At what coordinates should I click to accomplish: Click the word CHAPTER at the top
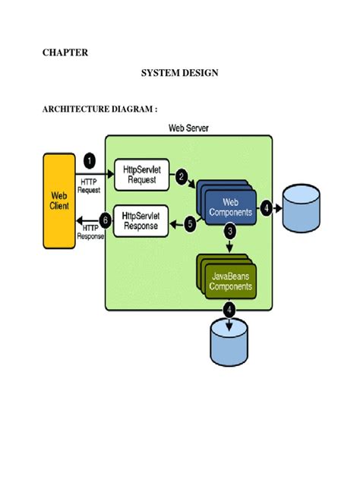tap(64, 52)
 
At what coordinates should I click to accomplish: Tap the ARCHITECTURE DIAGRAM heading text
tap(99, 109)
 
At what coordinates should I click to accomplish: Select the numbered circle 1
tap(90, 162)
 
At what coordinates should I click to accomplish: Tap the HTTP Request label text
tap(90, 185)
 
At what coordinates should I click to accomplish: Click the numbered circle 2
tap(182, 177)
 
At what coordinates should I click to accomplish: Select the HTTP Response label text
tap(90, 232)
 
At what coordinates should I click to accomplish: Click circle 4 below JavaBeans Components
tap(228, 309)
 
